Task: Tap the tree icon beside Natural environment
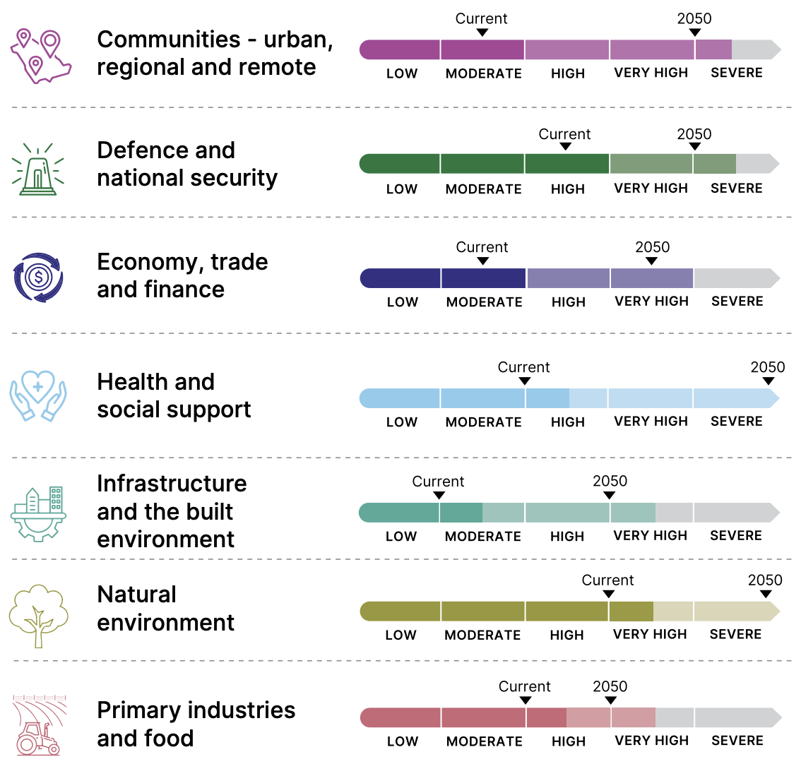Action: click(x=39, y=615)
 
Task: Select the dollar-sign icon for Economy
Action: click(x=38, y=277)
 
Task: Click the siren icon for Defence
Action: click(x=38, y=169)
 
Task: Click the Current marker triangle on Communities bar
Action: click(x=482, y=32)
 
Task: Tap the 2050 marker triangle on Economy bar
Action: click(x=652, y=261)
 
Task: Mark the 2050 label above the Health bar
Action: click(x=768, y=367)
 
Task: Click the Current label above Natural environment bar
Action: click(x=607, y=580)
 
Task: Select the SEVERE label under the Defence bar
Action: click(x=737, y=189)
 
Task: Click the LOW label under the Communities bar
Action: click(x=402, y=73)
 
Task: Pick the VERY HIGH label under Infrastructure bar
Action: click(x=651, y=536)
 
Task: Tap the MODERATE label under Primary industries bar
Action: click(x=485, y=741)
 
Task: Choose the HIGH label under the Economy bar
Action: click(x=569, y=302)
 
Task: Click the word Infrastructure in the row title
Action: click(x=172, y=484)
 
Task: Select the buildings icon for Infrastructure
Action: click(x=39, y=513)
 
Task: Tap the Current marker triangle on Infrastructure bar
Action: click(x=439, y=496)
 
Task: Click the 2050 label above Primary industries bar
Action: click(x=610, y=686)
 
